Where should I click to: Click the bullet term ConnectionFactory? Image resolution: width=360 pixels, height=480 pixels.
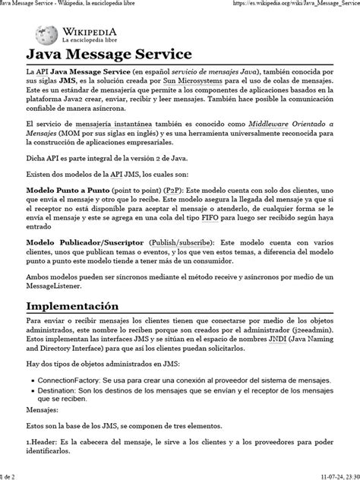(71, 399)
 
